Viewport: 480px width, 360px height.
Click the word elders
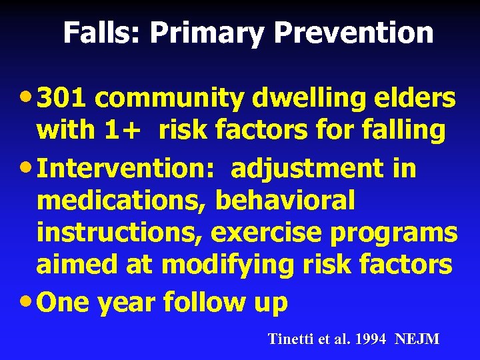(x=415, y=98)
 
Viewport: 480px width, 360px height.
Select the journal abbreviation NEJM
(x=417, y=339)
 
